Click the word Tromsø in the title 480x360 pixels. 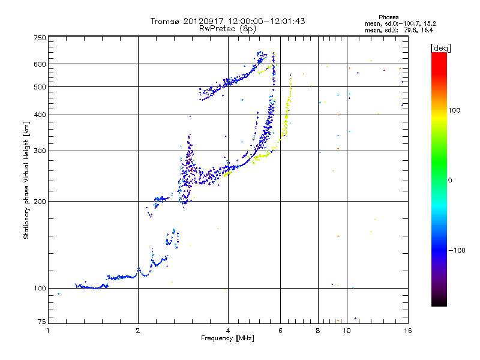tap(164, 21)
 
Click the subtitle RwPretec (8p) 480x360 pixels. tap(227, 29)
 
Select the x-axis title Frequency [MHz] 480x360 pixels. tap(227, 338)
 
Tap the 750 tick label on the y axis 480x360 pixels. tap(40, 38)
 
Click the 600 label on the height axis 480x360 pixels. tap(40, 64)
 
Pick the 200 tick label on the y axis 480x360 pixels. tap(40, 202)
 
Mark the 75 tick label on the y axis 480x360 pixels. tap(41, 322)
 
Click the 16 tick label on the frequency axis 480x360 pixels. tap(408, 331)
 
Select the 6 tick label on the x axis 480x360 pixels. tap(280, 331)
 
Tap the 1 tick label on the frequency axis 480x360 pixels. tap(48, 331)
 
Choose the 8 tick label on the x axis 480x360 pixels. tap(318, 331)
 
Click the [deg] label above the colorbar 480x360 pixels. tap(441, 49)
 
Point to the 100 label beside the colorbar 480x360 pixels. tap(454, 110)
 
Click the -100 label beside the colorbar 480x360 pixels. tap(457, 250)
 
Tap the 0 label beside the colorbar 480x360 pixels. tap(450, 181)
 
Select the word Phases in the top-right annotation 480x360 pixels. tap(388, 17)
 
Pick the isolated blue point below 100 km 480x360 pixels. tap(58, 294)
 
